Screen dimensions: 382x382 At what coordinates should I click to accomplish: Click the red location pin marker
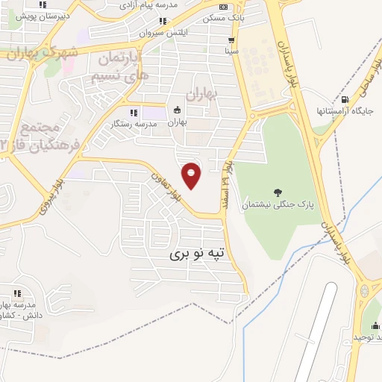tap(192, 176)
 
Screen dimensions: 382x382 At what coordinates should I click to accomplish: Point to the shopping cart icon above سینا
tap(233, 40)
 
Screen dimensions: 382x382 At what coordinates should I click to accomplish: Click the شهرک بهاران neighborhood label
tap(43, 54)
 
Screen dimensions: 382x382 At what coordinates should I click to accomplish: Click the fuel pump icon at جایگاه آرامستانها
tap(344, 100)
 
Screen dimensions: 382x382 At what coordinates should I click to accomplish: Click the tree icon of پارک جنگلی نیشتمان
tap(278, 192)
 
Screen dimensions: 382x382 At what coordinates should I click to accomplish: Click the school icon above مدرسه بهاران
tap(16, 293)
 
